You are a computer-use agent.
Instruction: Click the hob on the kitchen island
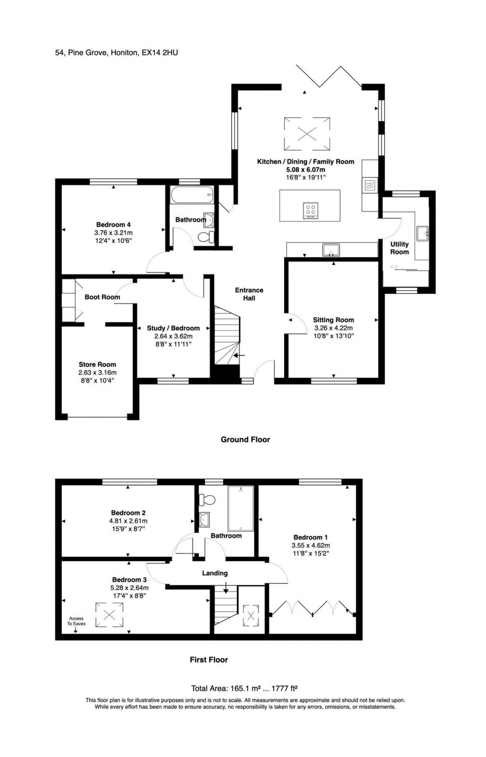coord(310,211)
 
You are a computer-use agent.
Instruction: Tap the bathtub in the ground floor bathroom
coord(193,195)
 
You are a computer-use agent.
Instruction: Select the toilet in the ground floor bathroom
coord(206,237)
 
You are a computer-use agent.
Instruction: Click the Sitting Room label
coord(333,320)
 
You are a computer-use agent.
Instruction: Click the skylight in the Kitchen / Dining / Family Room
coord(307,133)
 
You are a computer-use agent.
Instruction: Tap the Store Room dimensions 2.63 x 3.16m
coord(97,372)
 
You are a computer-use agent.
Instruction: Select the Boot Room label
coord(102,297)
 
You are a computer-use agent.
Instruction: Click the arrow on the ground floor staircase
coord(239,355)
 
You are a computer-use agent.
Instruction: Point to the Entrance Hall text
coord(249,294)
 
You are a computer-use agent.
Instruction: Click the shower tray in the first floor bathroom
coord(241,508)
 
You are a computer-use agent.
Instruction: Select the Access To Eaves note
coord(76,621)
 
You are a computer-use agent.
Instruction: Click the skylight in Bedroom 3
coord(109,615)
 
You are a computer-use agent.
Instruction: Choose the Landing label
coord(215,573)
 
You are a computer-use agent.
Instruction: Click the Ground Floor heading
coord(245,439)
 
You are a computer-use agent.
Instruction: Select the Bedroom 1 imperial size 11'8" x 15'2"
coord(310,553)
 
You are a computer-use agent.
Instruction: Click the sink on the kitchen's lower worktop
coord(331,250)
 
